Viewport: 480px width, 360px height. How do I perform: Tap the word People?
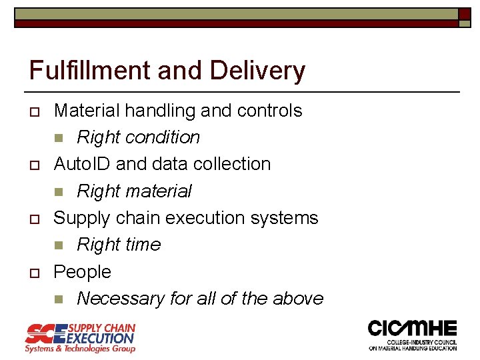tap(82, 272)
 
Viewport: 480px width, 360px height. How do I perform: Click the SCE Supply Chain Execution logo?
tap(80, 338)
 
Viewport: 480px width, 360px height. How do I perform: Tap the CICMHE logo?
tap(413, 335)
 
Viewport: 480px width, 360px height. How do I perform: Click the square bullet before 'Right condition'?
tap(58, 138)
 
